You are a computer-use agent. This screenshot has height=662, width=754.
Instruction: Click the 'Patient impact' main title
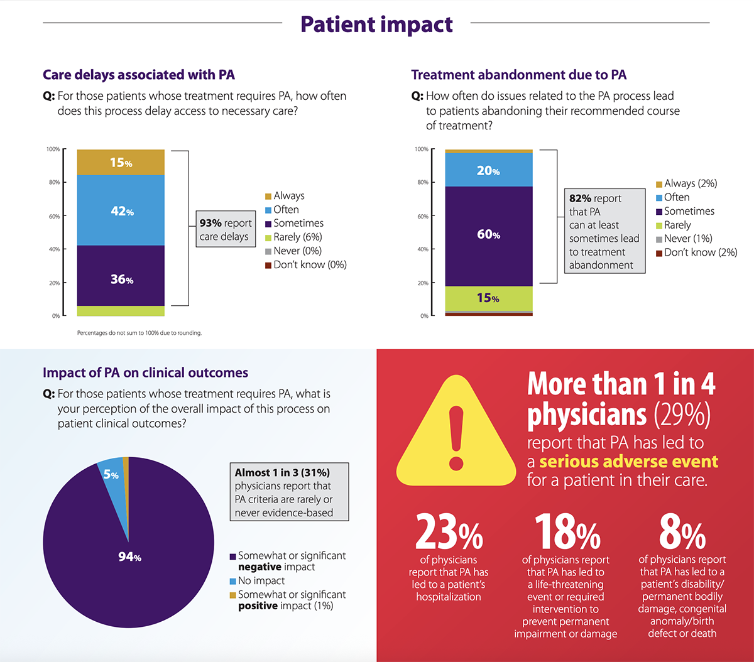[376, 24]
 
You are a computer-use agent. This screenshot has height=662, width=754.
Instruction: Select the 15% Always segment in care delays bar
[121, 163]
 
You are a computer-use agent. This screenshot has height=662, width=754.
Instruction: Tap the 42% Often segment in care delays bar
[121, 211]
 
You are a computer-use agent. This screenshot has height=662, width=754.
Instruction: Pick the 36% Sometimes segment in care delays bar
[121, 279]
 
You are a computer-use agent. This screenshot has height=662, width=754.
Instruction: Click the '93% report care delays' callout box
[225, 230]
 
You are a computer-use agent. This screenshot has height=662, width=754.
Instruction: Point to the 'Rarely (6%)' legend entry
[297, 237]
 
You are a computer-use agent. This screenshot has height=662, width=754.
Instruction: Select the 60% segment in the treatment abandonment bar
[488, 235]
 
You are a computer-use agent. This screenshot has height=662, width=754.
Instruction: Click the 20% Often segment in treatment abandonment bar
[488, 170]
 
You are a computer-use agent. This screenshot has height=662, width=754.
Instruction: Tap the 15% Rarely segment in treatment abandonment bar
[488, 298]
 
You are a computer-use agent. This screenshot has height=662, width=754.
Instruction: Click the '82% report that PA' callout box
[603, 231]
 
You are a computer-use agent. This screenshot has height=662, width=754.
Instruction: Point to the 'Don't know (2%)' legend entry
[700, 252]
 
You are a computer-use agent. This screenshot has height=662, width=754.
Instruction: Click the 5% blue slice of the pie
[111, 475]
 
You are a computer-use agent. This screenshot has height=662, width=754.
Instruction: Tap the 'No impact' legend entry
[261, 581]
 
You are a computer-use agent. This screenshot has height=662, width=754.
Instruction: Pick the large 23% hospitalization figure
[449, 533]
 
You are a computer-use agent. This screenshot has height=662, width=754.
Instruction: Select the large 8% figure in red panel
[682, 533]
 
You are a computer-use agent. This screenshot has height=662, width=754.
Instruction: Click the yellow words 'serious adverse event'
[628, 462]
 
